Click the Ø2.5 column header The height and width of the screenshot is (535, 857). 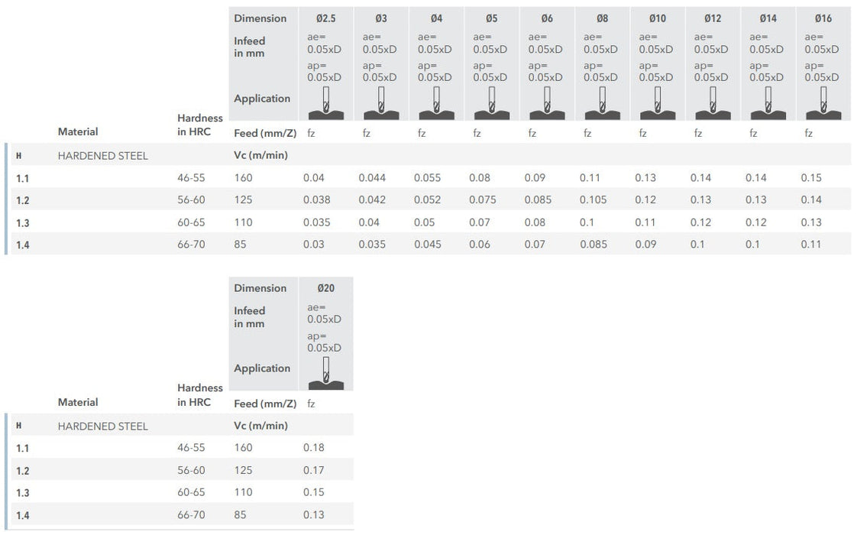(325, 18)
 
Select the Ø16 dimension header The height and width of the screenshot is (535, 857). (823, 18)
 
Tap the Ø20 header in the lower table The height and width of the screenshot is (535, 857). (325, 288)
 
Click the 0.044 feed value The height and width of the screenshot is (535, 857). (372, 178)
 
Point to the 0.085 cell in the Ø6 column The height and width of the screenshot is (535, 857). (538, 200)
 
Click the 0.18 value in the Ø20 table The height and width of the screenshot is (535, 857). (314, 448)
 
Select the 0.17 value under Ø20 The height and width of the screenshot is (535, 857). (314, 470)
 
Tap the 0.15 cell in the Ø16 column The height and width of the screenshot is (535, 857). (811, 178)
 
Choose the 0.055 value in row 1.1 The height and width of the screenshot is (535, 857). (428, 178)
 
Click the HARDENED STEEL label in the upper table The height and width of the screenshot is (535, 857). (103, 156)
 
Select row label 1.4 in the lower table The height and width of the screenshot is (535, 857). (23, 515)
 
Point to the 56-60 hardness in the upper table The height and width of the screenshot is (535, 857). (191, 200)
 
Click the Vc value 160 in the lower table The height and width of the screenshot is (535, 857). (243, 448)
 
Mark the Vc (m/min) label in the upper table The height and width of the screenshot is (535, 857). (260, 156)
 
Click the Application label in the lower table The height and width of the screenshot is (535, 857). (262, 368)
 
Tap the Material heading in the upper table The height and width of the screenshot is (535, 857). (78, 131)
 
